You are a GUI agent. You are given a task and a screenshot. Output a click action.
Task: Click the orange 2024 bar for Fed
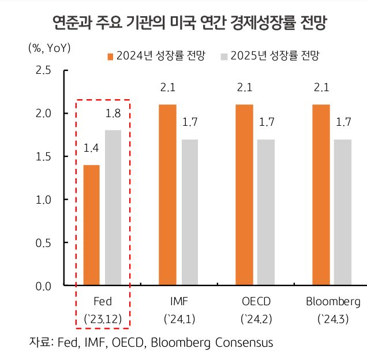point(92,225)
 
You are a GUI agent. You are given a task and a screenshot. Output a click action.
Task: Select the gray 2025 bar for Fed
point(113,208)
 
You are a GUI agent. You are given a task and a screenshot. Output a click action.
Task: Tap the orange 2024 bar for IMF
point(168,195)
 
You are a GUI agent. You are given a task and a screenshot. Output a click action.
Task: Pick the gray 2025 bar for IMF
point(190,212)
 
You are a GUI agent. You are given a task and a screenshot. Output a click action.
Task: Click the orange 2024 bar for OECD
point(245,195)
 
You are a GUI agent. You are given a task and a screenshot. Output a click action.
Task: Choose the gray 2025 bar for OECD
point(266,212)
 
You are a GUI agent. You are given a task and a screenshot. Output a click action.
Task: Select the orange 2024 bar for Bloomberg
point(321,195)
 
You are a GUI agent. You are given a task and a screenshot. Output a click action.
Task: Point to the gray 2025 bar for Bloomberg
point(343,212)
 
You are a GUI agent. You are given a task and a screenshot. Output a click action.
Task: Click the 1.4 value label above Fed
point(91,149)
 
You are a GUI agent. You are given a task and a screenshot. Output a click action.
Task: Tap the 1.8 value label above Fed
point(113,114)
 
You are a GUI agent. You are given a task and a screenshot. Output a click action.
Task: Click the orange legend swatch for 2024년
point(110,56)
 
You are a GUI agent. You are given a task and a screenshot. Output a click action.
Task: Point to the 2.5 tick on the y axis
point(44,70)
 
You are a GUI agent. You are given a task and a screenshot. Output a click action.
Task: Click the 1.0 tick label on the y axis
point(44,200)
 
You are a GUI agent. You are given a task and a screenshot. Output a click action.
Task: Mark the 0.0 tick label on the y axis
point(44,286)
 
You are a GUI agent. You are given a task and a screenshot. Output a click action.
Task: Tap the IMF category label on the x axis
point(179,302)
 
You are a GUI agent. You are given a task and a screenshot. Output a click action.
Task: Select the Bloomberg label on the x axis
point(333,302)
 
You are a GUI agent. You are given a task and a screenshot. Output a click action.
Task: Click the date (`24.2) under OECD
point(256,318)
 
